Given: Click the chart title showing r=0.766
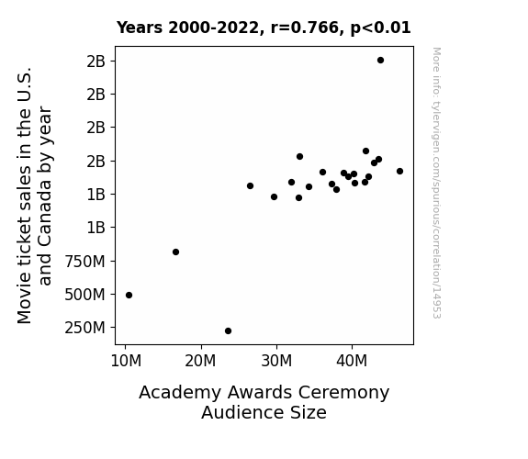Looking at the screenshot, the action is tap(264, 28).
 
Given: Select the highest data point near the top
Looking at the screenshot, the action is tap(380, 61).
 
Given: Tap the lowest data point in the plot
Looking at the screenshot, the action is tap(228, 331).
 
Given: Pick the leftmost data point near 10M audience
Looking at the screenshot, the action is tap(129, 295).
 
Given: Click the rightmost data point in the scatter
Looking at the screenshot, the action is tap(399, 171).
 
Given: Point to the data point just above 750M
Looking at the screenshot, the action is tap(175, 252).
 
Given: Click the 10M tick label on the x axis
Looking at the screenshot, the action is tap(126, 361).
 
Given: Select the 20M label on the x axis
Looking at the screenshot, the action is tap(200, 361).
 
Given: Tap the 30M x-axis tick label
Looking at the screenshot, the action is tap(276, 361).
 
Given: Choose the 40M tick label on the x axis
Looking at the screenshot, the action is tap(352, 361).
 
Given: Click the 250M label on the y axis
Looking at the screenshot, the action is tap(84, 328).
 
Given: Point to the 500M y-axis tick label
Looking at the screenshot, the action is tap(84, 295).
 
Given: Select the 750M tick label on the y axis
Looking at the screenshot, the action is tap(84, 262).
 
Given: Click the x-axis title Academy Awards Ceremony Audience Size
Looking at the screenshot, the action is tap(264, 402).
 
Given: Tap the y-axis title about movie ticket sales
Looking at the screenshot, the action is tap(34, 196).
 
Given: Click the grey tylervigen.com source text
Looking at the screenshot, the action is tap(436, 183).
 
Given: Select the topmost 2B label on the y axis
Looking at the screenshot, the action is tap(96, 62).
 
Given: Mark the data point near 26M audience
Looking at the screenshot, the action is tap(250, 185).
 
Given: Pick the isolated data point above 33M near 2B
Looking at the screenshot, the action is tap(299, 157).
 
